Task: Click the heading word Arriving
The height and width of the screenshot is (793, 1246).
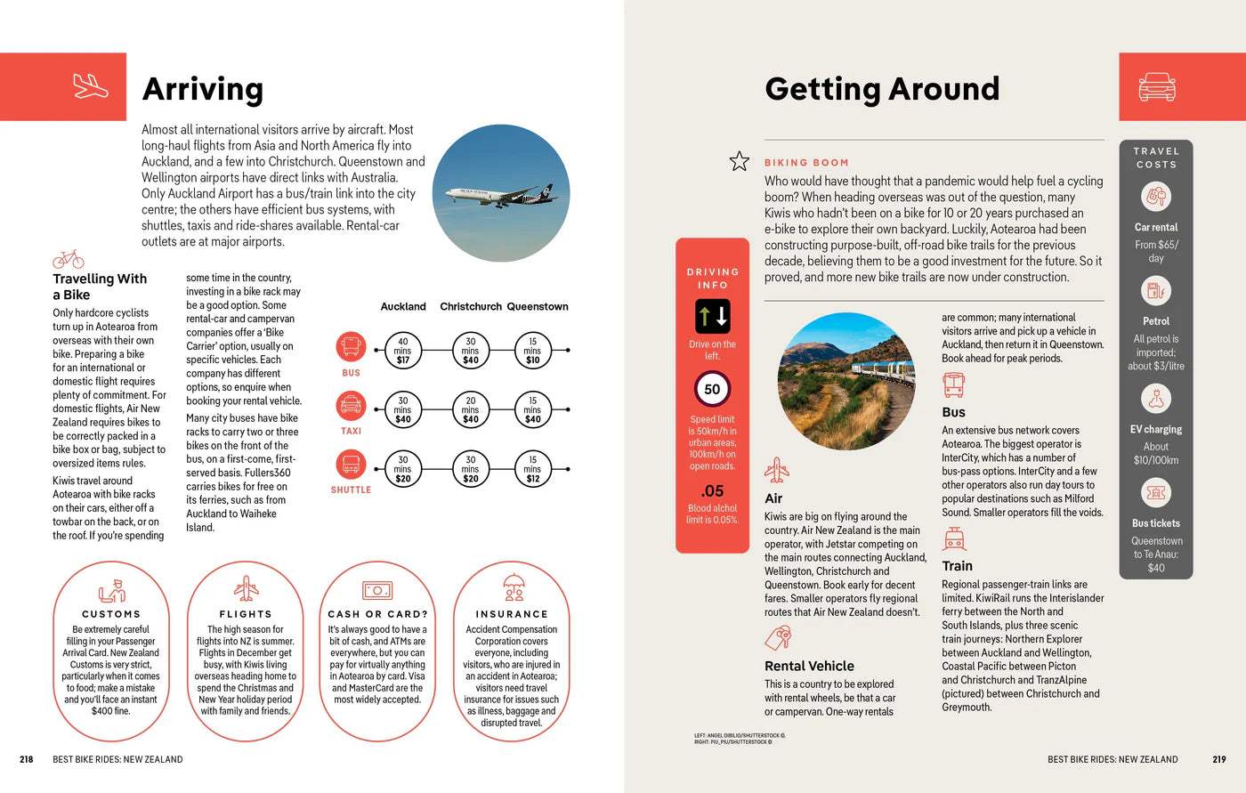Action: click(x=203, y=89)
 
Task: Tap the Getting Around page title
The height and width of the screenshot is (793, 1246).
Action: click(x=881, y=89)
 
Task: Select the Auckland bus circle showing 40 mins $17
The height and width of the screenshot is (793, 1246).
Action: click(x=402, y=351)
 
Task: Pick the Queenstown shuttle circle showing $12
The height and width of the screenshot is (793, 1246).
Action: click(x=532, y=469)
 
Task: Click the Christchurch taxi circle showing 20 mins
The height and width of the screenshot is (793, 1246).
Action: click(x=470, y=409)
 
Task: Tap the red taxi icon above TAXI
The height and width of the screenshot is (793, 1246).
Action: click(x=351, y=406)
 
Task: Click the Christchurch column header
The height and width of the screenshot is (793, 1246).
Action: click(x=470, y=306)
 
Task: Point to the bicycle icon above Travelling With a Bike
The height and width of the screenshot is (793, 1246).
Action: click(x=69, y=259)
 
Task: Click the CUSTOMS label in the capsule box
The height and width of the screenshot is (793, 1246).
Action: click(x=111, y=614)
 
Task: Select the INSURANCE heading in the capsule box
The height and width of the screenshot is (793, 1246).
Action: click(x=512, y=614)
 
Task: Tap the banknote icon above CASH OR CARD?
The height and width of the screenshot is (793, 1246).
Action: click(x=377, y=590)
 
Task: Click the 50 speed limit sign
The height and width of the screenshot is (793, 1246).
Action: click(x=712, y=389)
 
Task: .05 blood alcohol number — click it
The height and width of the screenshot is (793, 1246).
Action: click(x=712, y=490)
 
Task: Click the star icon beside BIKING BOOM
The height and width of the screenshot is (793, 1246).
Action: click(x=739, y=161)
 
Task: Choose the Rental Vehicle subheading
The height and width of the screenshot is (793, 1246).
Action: click(x=809, y=666)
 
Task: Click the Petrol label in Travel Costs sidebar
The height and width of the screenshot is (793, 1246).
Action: click(x=1155, y=321)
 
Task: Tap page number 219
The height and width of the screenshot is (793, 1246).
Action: click(x=1218, y=759)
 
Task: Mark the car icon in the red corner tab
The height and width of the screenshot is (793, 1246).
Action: click(x=1156, y=86)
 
